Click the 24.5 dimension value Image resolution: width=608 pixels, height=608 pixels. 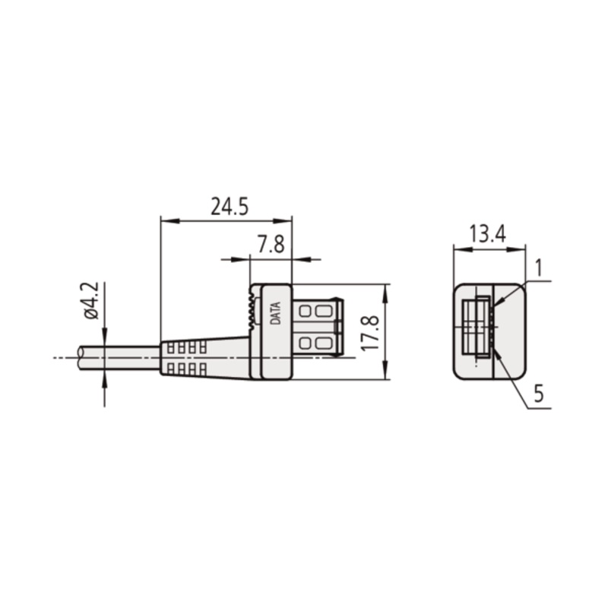coord(230,206)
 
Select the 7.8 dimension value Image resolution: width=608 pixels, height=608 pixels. coord(271,244)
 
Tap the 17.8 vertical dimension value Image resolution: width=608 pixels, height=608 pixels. coord(369,333)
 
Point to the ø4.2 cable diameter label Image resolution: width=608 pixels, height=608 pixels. coord(91,301)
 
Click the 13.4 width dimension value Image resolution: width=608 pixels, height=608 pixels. coord(487,234)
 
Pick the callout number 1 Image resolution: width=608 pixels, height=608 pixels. coord(538,268)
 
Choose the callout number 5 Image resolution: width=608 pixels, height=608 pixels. coord(539,394)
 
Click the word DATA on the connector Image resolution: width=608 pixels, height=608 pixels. coord(275,313)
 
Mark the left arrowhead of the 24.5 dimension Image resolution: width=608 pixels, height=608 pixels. coord(169,221)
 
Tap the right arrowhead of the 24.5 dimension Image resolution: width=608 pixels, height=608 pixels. coord(282,221)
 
